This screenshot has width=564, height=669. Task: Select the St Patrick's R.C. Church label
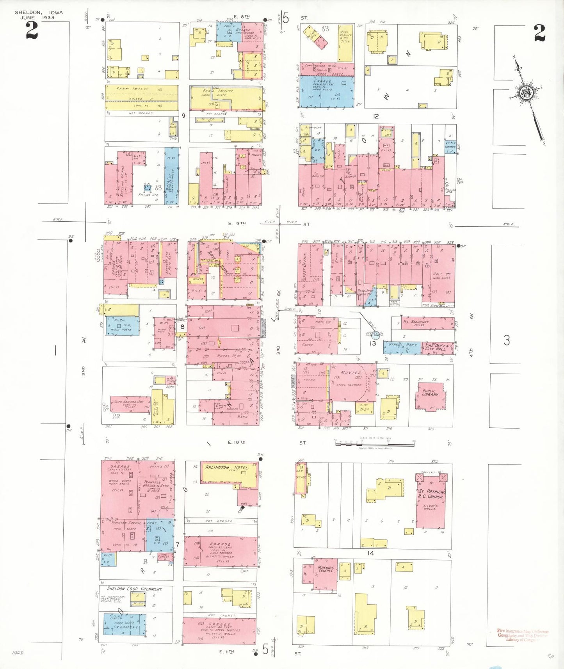432,494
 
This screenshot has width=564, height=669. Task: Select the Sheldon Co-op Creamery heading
135,589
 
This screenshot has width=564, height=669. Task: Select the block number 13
373,343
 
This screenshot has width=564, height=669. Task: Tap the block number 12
375,116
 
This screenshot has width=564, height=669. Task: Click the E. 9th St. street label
237,223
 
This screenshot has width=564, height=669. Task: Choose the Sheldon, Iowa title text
39,12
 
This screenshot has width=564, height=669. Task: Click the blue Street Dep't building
402,347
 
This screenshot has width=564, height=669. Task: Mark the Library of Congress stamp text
523,635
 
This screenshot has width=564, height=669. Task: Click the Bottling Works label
121,180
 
